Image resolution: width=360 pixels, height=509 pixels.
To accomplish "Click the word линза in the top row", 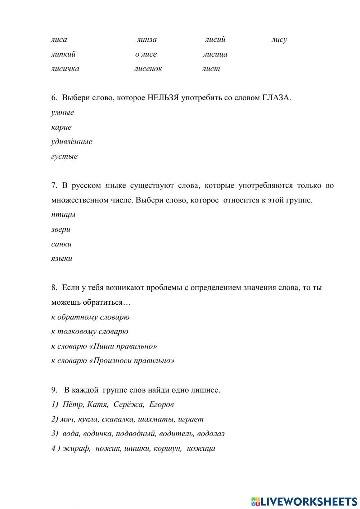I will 147,40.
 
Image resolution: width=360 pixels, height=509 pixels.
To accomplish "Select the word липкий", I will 63,54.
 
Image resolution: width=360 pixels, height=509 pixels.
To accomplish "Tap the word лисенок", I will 148,69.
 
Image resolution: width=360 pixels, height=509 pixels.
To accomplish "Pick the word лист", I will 211,69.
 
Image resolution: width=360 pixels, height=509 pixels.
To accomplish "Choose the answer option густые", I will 64,156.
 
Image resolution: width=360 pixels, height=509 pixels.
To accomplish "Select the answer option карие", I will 62,127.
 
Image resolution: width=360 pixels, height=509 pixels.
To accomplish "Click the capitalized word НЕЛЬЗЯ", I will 163,98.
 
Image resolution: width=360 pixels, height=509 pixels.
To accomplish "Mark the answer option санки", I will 62,244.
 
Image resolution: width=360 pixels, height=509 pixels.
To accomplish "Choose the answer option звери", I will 61,229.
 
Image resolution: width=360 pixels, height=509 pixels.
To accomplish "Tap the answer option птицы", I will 63,215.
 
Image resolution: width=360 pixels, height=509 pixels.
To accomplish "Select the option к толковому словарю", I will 90,331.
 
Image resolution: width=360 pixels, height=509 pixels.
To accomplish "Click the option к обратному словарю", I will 90,317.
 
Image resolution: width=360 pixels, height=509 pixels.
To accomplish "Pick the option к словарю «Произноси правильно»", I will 113,361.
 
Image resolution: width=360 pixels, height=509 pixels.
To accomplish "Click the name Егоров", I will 161,405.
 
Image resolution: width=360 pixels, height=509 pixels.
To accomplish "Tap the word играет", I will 191,419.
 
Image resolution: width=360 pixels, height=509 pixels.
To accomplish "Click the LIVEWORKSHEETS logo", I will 304,501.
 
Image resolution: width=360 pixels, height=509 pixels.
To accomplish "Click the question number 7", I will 54,186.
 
